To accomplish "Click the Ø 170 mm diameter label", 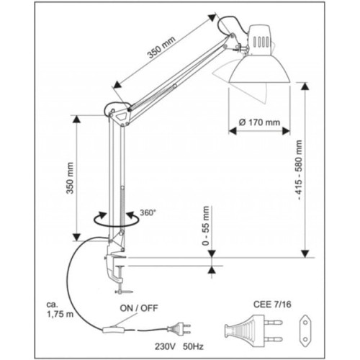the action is tap(259, 122).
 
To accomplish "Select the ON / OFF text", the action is tap(139, 308).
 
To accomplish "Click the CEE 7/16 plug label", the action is tap(272, 305).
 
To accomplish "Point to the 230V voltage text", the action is tap(166, 347).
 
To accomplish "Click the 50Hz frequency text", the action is tap(194, 347).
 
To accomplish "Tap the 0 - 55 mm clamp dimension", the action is tap(206, 225).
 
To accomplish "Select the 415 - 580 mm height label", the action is tap(299, 170).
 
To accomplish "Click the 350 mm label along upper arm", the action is tap(161, 48).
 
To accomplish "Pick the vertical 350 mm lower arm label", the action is tap(70, 178).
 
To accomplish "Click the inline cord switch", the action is tap(113, 330).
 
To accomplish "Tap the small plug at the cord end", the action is tap(179, 329).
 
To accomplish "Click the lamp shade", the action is tap(260, 69).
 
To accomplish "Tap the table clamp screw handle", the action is tap(124, 292).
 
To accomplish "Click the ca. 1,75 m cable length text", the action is tap(60, 309).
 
